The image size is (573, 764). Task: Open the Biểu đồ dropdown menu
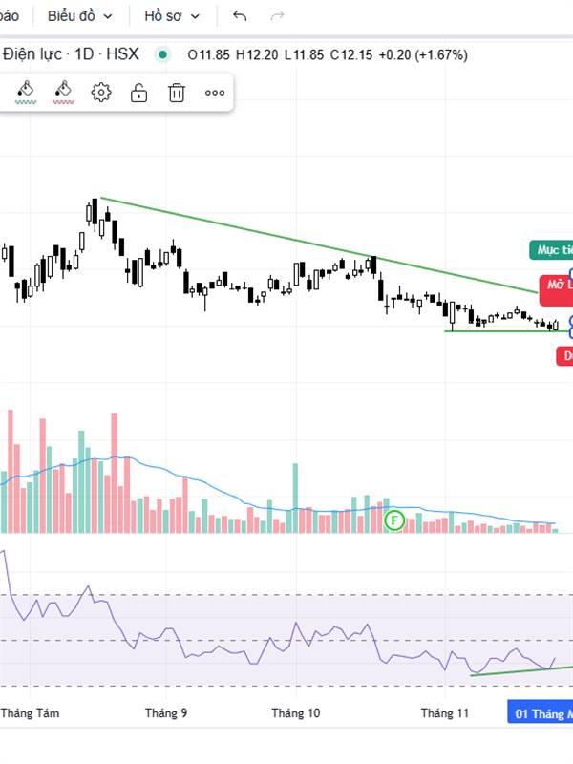tap(80, 16)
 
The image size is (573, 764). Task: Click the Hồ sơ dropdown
tap(172, 16)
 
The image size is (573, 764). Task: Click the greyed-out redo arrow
tap(278, 16)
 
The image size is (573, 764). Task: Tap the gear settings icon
tap(101, 92)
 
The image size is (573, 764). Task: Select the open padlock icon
tap(138, 92)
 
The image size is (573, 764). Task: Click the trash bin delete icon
tap(177, 92)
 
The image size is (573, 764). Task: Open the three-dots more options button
tap(215, 93)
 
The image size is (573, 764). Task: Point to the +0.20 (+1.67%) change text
tap(423, 54)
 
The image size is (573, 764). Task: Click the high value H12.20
tap(256, 54)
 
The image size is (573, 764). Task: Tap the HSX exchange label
tap(122, 54)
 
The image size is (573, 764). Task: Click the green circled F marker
tap(394, 520)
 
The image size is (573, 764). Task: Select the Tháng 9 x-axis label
tap(166, 712)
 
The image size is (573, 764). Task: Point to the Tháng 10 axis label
tap(295, 712)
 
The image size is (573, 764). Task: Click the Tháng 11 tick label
tap(446, 712)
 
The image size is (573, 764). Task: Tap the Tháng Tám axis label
tap(31, 712)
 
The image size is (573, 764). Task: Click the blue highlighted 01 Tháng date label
tap(541, 713)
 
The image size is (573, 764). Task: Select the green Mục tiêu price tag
tap(553, 250)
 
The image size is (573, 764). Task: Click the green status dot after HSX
tap(162, 54)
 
